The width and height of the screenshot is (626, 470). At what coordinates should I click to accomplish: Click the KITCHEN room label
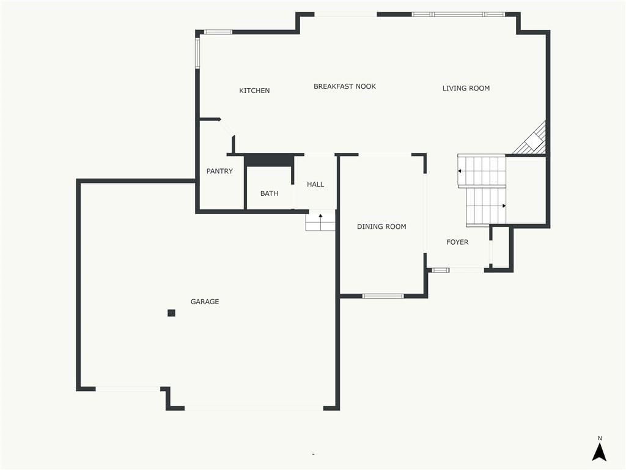[254, 91]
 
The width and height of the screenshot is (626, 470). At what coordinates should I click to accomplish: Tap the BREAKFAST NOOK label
[345, 86]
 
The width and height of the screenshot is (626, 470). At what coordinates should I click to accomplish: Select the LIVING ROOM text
[466, 88]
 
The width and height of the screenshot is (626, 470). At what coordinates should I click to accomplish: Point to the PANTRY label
[219, 171]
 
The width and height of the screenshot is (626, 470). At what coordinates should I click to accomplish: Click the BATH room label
[269, 193]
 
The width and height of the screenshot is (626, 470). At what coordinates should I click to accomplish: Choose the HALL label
[315, 184]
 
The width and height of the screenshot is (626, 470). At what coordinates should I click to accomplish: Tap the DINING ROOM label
[381, 226]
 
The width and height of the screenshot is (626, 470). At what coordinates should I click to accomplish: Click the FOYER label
[457, 242]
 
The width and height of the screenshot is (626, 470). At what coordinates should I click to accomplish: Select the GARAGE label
[205, 302]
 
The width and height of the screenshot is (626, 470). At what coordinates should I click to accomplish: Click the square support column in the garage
[171, 313]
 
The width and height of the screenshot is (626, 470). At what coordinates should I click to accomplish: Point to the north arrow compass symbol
[599, 449]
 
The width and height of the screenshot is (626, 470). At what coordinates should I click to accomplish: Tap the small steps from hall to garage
[320, 220]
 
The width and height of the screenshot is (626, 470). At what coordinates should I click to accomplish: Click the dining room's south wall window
[383, 296]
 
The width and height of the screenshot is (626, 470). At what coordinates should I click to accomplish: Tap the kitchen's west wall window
[197, 53]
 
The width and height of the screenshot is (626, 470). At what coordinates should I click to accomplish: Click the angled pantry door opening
[227, 127]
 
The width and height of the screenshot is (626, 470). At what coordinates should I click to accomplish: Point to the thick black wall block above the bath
[269, 160]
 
